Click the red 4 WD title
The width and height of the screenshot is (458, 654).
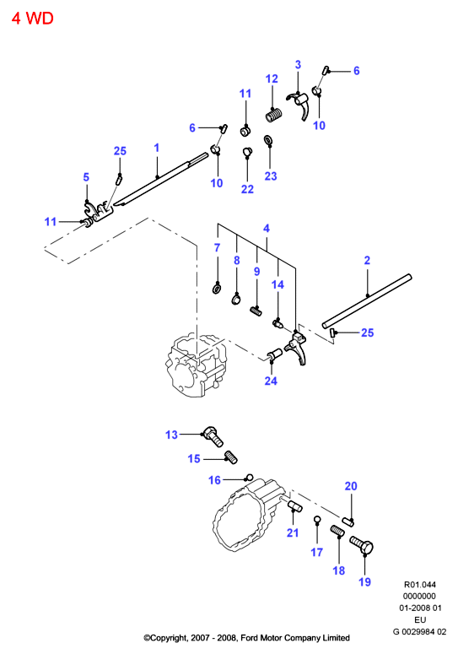[33, 19]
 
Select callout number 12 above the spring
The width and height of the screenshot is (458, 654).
[272, 78]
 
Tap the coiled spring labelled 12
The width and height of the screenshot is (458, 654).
[274, 115]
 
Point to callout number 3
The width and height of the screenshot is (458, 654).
[298, 65]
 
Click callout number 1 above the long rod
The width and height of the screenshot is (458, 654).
[157, 148]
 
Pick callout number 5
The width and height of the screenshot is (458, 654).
[86, 177]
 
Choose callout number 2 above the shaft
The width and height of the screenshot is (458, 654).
[367, 260]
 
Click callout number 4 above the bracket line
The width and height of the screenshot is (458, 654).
[267, 228]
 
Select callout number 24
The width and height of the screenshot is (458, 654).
[271, 381]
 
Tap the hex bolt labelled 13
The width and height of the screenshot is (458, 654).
[213, 436]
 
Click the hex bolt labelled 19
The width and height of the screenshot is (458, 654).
[361, 545]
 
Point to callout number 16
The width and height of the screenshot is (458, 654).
[214, 480]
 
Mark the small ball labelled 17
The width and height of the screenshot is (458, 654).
[317, 519]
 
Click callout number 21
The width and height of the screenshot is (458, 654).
[293, 532]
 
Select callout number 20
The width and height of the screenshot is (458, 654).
[351, 486]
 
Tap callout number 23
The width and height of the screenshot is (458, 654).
[271, 176]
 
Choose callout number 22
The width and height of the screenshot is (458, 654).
[247, 189]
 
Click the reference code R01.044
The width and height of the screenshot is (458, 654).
[420, 584]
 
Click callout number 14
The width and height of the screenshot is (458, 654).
[277, 284]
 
